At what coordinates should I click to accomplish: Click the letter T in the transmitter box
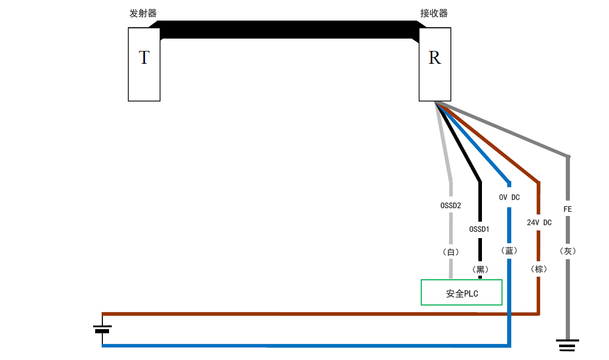[144, 58]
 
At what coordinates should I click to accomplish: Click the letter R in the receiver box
[435, 58]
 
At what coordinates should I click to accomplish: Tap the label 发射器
[142, 14]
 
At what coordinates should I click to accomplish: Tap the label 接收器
[434, 14]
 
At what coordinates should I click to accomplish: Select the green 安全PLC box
[461, 292]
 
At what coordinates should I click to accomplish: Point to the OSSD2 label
[451, 205]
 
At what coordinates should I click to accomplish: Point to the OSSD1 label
[479, 229]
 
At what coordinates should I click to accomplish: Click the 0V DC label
[509, 197]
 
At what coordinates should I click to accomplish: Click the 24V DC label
[539, 223]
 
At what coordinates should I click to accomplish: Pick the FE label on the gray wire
[567, 209]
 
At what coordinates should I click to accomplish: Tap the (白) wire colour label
[451, 252]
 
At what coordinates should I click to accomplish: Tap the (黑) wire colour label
[479, 269]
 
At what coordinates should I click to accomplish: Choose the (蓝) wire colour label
[509, 250]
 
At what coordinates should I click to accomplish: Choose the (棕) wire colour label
[539, 269]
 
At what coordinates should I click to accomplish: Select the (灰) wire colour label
[567, 251]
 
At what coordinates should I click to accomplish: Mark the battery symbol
[102, 329]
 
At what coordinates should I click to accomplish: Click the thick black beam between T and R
[288, 29]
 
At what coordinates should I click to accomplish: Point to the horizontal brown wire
[309, 313]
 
